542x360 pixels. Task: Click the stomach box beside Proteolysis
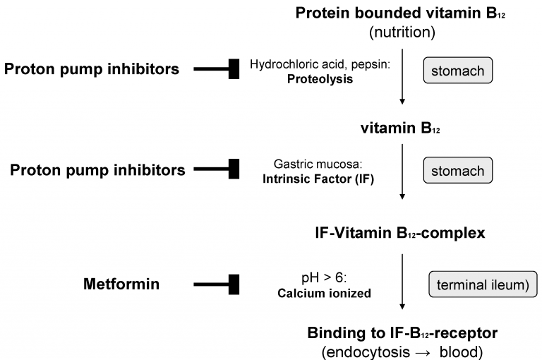pos(457,71)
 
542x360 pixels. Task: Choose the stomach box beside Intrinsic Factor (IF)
pos(457,171)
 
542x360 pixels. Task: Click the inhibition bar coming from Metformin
pos(216,284)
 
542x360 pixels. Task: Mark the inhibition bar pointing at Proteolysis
pos(216,68)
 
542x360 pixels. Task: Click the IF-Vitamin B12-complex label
pos(399,232)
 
